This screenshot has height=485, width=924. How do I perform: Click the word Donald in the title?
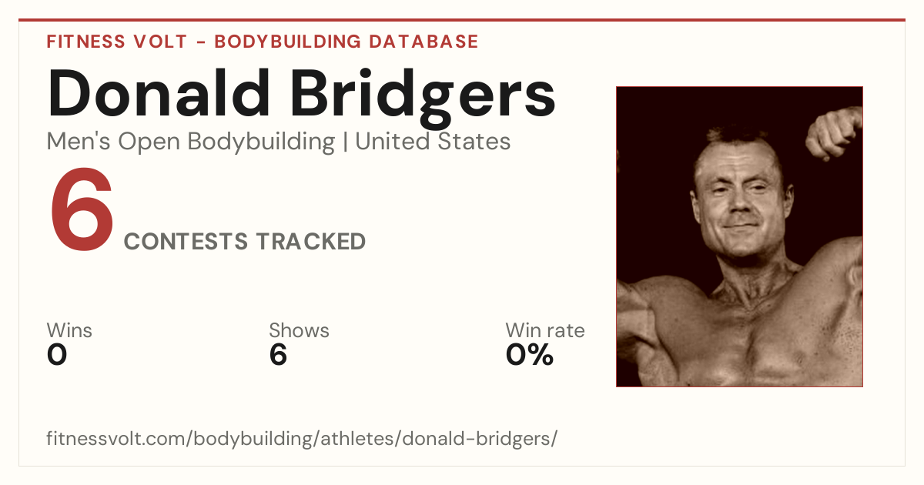(x=159, y=93)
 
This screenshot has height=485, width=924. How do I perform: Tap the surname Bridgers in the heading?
(x=423, y=99)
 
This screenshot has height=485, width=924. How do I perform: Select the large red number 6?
(x=82, y=209)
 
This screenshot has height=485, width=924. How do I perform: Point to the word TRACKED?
(x=311, y=241)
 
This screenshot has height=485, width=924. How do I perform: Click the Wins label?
(x=69, y=330)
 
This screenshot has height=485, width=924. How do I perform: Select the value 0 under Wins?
(x=57, y=355)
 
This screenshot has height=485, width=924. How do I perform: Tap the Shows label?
(x=299, y=330)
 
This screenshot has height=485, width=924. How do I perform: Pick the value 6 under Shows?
(x=278, y=355)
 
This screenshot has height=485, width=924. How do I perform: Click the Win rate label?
(x=545, y=330)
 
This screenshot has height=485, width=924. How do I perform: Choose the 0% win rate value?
(x=529, y=355)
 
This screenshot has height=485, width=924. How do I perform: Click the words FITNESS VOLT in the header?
(x=117, y=42)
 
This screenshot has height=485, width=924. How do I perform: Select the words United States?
(x=433, y=142)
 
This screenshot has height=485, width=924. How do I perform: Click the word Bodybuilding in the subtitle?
(x=261, y=142)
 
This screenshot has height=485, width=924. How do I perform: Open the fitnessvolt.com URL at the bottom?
(x=302, y=438)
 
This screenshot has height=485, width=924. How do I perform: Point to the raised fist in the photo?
(x=834, y=132)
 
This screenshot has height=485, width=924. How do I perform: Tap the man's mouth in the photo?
(x=742, y=226)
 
